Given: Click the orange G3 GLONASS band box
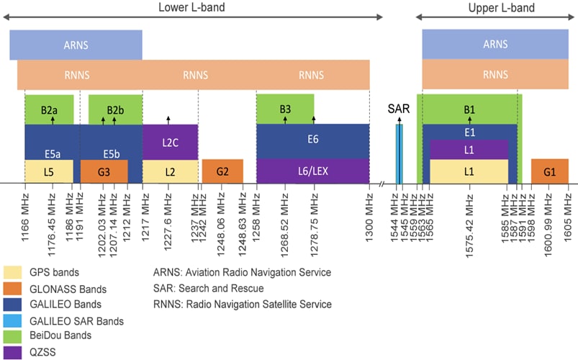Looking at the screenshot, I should [x=104, y=171].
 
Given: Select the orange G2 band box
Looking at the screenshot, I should [x=222, y=171].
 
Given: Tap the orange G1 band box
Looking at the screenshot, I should [x=549, y=171].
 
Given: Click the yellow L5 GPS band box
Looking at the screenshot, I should [x=49, y=171].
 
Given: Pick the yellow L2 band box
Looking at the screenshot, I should [x=170, y=171].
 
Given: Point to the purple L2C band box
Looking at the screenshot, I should [x=170, y=141].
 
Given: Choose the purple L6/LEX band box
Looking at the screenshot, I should [x=312, y=171].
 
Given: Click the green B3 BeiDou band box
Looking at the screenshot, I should [x=285, y=109].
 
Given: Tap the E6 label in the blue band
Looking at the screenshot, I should [x=312, y=139].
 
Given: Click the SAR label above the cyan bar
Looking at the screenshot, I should [x=398, y=109].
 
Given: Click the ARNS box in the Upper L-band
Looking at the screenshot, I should [x=495, y=45].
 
